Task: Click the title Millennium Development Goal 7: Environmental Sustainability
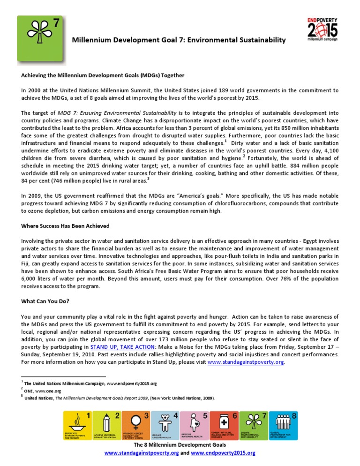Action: coord(178,41)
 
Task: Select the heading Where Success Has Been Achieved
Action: coord(66,225)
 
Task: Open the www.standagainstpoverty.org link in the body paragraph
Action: coord(245,362)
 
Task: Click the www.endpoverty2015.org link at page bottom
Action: coord(223,453)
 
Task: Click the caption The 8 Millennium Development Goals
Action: coord(180,444)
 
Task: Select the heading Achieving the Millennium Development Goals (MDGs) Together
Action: coord(103,75)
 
